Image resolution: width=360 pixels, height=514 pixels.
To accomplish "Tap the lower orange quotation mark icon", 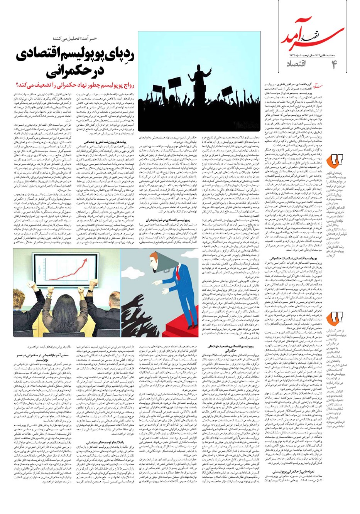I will coord(335,319).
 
